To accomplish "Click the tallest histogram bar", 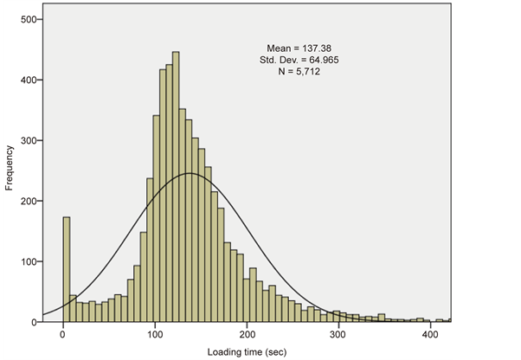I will pos(176,186).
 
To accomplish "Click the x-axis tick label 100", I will pos(155,333).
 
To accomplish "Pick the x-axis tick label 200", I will pos(247,333).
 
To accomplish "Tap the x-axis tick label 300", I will pos(338,333).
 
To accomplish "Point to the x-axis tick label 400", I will pos(430,333).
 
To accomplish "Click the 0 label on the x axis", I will pos(63,333).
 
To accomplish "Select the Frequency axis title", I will pos(9,169).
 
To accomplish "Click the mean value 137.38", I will pos(314,48).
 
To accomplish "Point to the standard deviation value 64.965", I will pos(317,59).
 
